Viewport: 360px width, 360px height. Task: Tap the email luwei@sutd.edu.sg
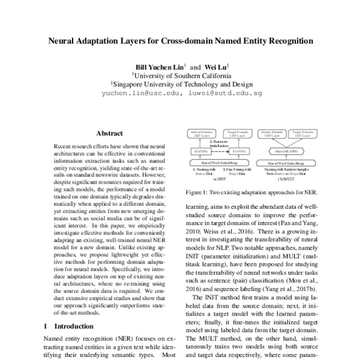pos(225,94)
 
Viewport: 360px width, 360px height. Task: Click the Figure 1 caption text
pos(252,193)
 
